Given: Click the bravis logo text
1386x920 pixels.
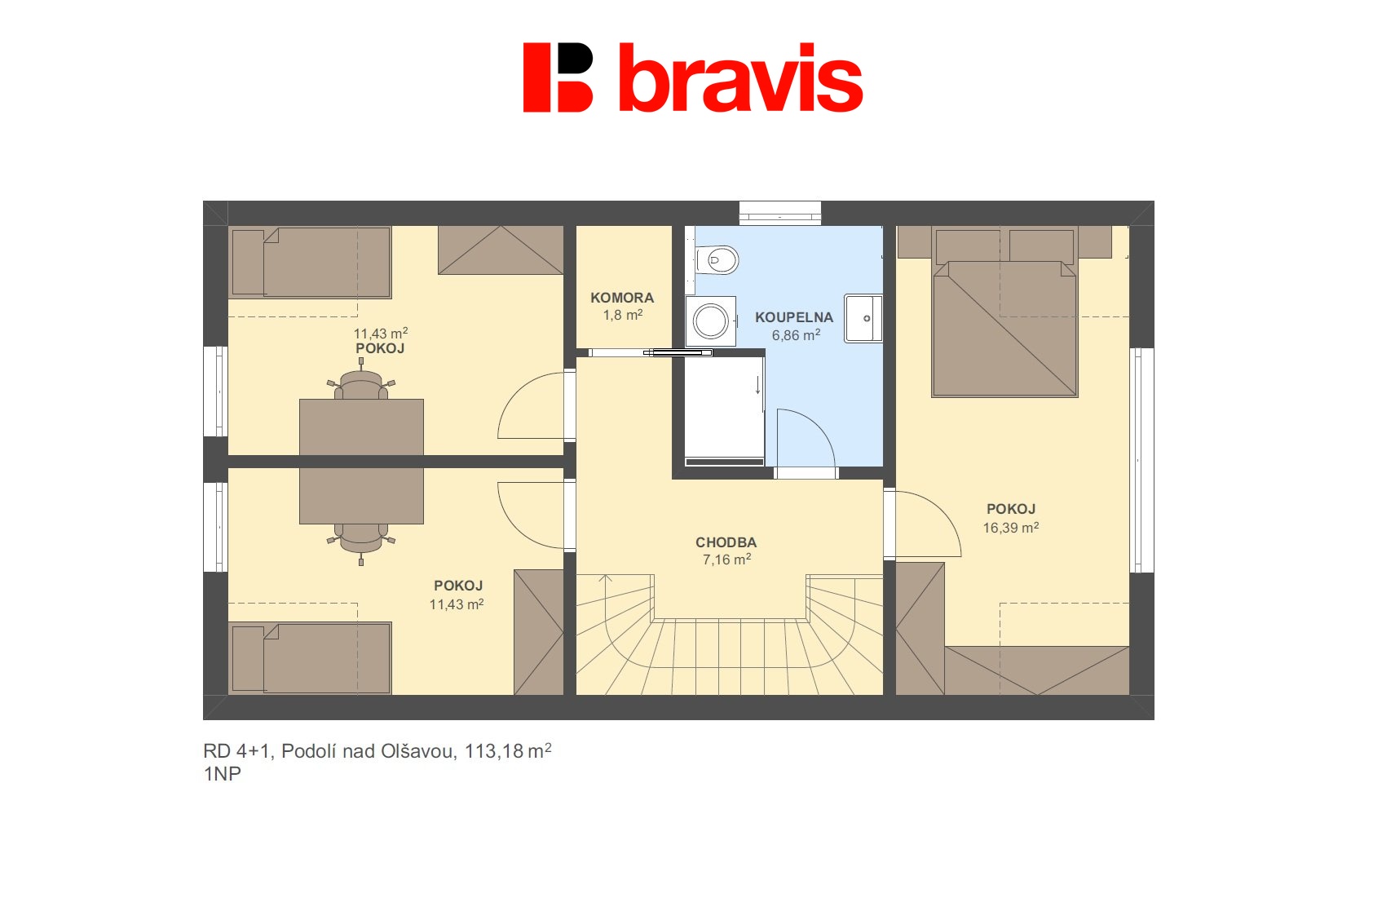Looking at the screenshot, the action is coord(740,78).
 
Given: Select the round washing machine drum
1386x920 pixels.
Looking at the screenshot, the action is coord(709,321).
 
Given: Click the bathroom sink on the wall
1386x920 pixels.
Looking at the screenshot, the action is coord(863,318).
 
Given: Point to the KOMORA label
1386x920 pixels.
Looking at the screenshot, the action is coord(622,298).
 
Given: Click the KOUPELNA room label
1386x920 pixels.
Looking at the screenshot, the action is coord(794,317).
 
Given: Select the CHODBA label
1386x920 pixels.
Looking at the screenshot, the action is coord(726,542).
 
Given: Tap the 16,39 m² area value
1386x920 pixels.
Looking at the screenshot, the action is coord(1011,528).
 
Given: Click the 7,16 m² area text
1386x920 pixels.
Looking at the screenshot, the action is coord(726,560).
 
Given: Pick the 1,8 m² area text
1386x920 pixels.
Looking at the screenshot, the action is coord(622,315).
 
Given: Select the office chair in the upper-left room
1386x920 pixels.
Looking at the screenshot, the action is coord(361,384).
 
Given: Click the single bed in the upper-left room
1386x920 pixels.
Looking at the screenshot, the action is coord(310,262).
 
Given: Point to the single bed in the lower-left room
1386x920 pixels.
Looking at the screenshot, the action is coord(310,658).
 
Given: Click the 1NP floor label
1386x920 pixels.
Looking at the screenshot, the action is coord(222,774).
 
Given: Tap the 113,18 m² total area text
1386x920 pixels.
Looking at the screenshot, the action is coord(508,751).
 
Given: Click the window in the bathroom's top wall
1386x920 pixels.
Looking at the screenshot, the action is coord(780,213).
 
